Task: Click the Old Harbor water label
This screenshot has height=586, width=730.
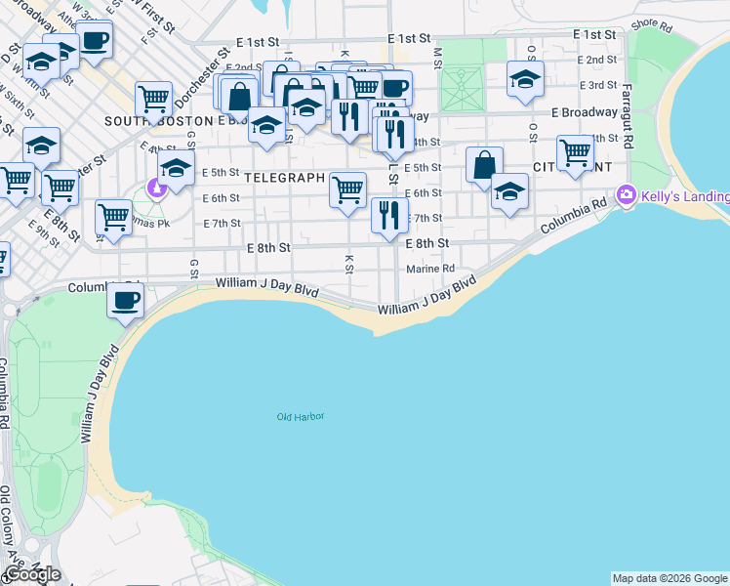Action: [300, 417]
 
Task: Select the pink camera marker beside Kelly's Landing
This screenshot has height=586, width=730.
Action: [626, 195]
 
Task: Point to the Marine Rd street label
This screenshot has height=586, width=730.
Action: [430, 269]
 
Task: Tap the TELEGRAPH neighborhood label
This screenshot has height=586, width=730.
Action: [284, 179]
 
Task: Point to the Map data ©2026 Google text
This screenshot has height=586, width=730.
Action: [669, 578]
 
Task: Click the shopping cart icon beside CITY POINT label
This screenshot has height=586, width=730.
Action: [575, 152]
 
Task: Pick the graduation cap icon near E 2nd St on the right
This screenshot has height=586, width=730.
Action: [525, 79]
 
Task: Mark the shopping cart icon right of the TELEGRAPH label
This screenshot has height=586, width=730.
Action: [348, 188]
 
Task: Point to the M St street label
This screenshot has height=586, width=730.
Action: [437, 58]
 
